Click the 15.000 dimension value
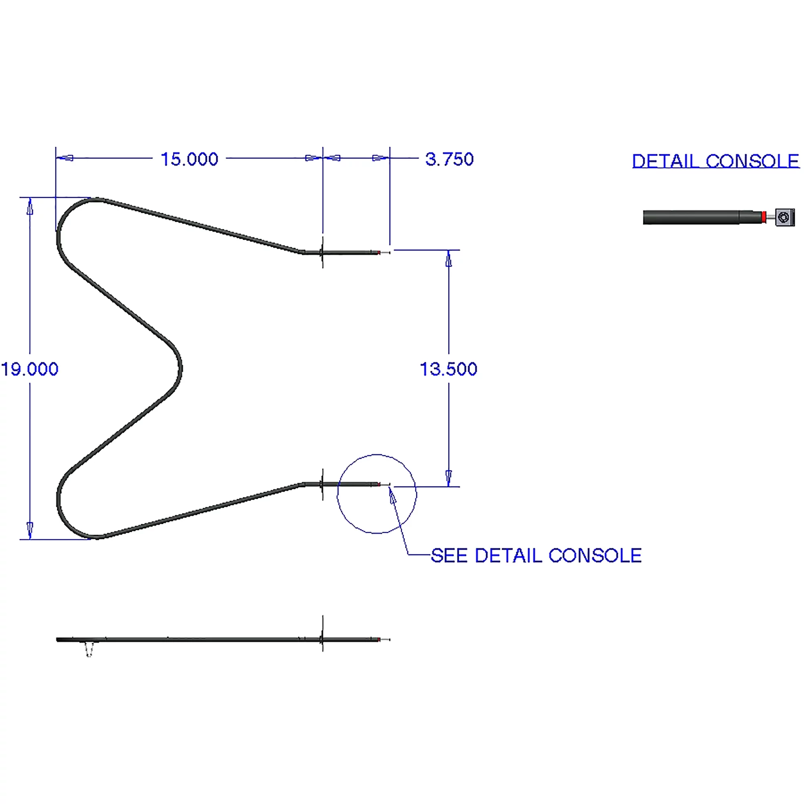[189, 159]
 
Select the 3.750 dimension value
[449, 159]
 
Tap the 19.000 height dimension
[29, 369]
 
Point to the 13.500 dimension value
[449, 369]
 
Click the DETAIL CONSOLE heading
[716, 161]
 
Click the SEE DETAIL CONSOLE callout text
[536, 556]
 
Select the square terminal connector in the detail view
[785, 217]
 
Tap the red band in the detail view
[764, 217]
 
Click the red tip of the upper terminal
[379, 252]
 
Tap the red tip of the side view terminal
[379, 639]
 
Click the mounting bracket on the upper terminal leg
[322, 252]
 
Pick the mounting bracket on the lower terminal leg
[322, 484]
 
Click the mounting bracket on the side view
[322, 634]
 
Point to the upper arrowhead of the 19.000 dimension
[29, 206]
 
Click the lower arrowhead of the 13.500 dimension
[449, 478]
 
